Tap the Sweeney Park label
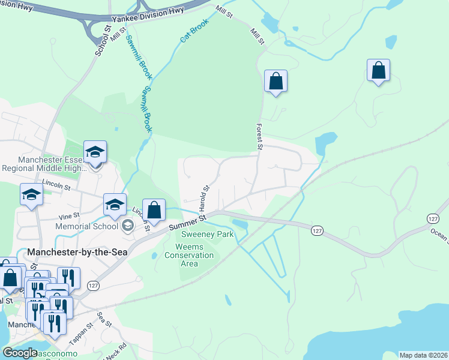(x=209, y=235)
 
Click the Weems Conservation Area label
(x=194, y=255)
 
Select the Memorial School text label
(x=86, y=226)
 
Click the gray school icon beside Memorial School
(x=127, y=226)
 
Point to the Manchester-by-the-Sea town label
(x=77, y=253)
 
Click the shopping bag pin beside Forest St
(x=276, y=80)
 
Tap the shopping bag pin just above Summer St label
(x=154, y=210)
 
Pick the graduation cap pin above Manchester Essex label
(x=95, y=152)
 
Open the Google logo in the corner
(x=20, y=353)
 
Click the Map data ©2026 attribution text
(x=423, y=355)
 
